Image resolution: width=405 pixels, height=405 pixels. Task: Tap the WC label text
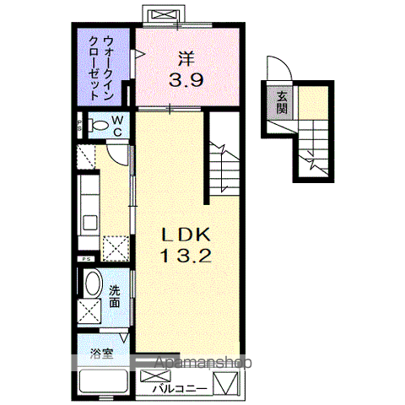(x=117, y=126)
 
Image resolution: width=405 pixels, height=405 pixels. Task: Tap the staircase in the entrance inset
(x=317, y=143)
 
